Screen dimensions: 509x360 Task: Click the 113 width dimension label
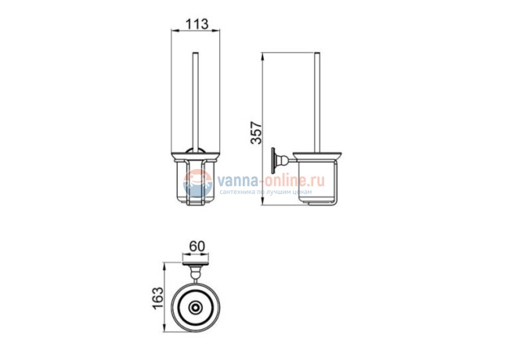[196, 24]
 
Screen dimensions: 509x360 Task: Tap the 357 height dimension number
[256, 132]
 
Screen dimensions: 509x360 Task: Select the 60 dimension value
[197, 247]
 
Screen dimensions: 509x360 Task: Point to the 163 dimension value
[157, 298]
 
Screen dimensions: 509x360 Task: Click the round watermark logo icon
[197, 183]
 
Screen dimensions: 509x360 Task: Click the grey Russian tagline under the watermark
[265, 192]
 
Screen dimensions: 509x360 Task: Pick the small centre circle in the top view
[195, 307]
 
